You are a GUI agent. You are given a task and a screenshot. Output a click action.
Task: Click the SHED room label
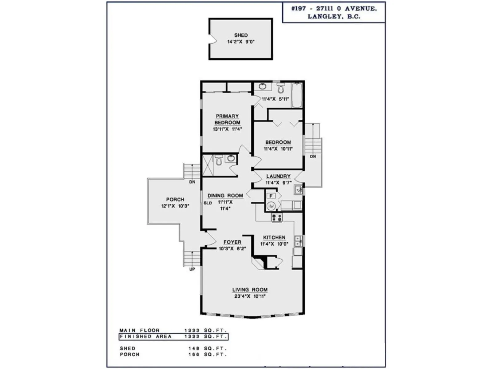point(241,35)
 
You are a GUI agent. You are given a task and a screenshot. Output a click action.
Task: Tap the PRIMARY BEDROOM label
point(227,119)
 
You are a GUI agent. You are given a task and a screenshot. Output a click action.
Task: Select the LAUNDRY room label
point(278,176)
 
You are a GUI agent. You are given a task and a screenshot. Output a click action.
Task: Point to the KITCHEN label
point(274,237)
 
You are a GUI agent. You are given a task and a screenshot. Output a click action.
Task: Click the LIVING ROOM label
point(250,290)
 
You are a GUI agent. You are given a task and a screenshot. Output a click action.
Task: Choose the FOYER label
point(232,242)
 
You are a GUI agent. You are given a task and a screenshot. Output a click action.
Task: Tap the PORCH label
point(175,199)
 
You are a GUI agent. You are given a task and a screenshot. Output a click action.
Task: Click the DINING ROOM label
point(225,196)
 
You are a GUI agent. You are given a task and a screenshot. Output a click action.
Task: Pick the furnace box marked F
point(271,196)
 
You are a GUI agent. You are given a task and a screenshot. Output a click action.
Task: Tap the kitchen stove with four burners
point(277,217)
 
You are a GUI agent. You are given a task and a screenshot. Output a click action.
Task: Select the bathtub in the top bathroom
point(297,95)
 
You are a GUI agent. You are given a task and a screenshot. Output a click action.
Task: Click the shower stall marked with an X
point(208,165)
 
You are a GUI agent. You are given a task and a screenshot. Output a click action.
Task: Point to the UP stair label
point(192,269)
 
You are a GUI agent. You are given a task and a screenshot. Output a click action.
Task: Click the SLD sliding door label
point(208,203)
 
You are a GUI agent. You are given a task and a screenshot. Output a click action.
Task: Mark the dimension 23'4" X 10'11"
point(250,296)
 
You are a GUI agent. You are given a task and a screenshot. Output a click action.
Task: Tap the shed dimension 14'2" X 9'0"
point(241,42)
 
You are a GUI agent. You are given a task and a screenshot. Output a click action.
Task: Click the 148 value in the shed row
point(194,348)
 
